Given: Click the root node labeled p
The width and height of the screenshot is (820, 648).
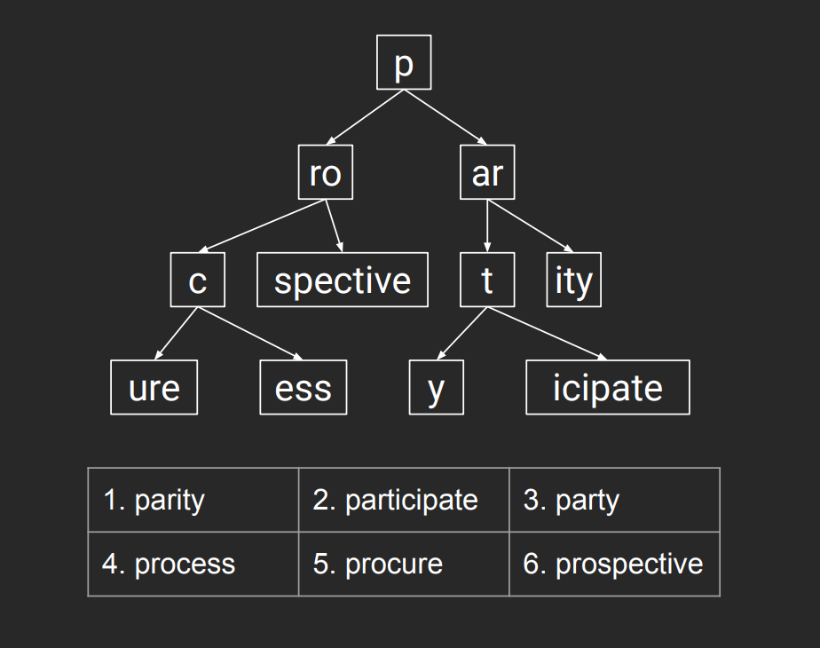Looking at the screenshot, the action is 404,62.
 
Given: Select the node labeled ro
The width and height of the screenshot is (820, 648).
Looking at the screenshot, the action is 326,172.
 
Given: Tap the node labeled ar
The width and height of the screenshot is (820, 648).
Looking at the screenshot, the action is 487,172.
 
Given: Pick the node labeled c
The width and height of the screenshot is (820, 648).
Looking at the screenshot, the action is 198,280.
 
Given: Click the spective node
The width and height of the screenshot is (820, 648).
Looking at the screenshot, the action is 343,280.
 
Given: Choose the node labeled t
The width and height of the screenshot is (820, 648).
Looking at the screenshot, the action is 487,280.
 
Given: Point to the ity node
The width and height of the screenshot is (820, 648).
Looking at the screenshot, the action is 573,280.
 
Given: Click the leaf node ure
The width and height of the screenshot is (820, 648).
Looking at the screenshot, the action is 154,388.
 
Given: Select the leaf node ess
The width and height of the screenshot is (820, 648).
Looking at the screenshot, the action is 304,388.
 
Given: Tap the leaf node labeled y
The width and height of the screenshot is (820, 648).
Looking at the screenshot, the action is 436,388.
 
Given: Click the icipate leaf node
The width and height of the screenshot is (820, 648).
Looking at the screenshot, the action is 608,388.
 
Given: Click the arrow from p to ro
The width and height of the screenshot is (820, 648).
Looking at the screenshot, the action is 365,117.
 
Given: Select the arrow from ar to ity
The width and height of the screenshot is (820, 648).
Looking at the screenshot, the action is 531,226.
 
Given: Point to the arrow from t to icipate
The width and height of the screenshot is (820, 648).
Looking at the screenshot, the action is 547,334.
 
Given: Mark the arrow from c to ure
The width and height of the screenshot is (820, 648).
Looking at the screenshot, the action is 177,334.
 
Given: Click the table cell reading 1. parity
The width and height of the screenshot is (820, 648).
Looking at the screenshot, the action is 193,500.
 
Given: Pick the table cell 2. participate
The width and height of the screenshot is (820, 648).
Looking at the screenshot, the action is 404,500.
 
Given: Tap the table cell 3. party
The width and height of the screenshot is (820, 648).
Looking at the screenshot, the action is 614,500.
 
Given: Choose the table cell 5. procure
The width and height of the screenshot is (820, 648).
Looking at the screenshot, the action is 404,564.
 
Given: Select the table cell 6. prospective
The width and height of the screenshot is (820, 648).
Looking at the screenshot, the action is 614,564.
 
